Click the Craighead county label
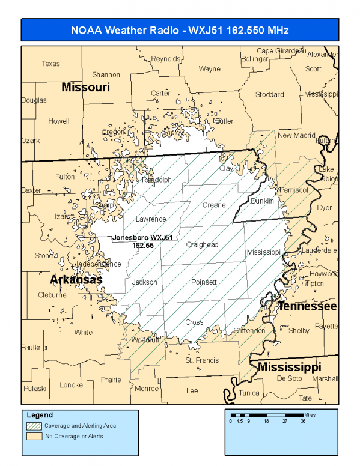pos(202,244)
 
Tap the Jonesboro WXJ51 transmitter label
pos(142,241)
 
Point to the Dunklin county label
pos(261,201)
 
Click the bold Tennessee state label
pos(307,306)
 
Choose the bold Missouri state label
pos(86,88)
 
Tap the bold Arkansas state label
pos(76,280)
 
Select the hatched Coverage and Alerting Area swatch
pos(34,425)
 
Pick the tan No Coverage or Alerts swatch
pos(34,435)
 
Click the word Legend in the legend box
pos(40,415)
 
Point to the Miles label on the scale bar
pos(309,414)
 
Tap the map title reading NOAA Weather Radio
pos(180,31)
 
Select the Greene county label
pos(214,205)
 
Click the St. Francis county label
pos(202,360)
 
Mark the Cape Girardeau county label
pos(281,51)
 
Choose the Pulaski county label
pos(34,389)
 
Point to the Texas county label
pos(51,64)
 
